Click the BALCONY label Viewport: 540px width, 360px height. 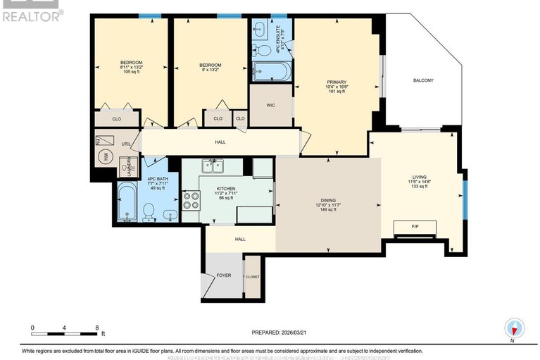click(x=422, y=80)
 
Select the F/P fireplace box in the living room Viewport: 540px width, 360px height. click(x=416, y=228)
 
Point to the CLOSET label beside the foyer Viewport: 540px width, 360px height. click(x=253, y=277)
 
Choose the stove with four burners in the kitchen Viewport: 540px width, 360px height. click(x=191, y=201)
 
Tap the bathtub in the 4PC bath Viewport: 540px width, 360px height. click(x=128, y=202)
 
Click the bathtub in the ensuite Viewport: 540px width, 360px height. click(x=270, y=71)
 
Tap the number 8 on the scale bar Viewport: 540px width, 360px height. click(x=96, y=328)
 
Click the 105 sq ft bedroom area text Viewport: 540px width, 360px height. click(x=131, y=72)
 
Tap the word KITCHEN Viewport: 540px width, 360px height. click(x=225, y=189)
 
